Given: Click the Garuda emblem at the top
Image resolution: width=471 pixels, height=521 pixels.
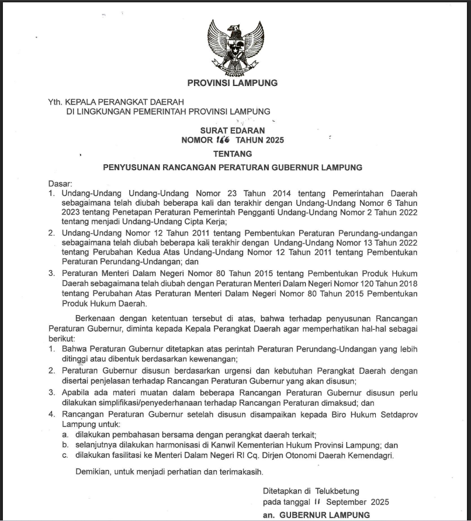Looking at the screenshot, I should point(232,46).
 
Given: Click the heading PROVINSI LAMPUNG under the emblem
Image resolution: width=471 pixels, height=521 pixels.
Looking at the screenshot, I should point(232,83).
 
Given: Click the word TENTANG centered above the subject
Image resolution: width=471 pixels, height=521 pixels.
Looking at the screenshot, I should point(233,154).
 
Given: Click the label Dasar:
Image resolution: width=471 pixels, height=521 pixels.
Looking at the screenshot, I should point(60,184).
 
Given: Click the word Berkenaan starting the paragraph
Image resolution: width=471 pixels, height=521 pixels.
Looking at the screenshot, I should point(96,318).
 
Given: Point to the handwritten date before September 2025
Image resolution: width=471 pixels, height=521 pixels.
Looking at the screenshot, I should point(318,502).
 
